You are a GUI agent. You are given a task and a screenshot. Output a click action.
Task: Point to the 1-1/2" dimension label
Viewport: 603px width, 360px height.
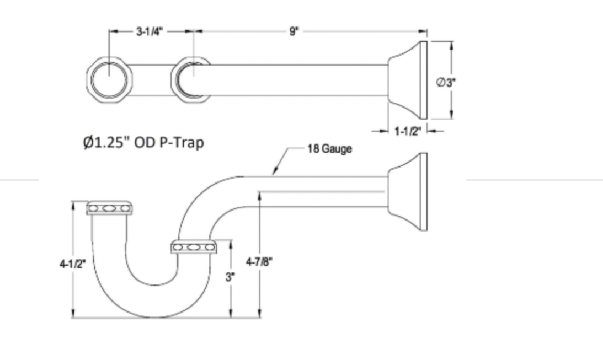(408, 131)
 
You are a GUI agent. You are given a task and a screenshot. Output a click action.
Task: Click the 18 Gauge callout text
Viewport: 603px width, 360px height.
(329, 149)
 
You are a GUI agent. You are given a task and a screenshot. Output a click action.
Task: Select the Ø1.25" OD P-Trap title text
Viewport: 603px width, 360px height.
(143, 143)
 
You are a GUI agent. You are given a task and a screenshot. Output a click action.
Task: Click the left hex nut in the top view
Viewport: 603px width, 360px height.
(109, 80)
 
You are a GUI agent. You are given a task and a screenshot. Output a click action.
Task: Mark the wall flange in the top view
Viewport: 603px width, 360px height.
(408, 80)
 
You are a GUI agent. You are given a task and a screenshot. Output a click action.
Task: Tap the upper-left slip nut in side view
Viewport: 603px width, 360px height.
(110, 208)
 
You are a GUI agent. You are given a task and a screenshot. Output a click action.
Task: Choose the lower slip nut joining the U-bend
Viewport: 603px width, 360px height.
(194, 247)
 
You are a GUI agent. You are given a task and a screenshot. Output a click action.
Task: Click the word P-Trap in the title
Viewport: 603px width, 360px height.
(183, 143)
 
